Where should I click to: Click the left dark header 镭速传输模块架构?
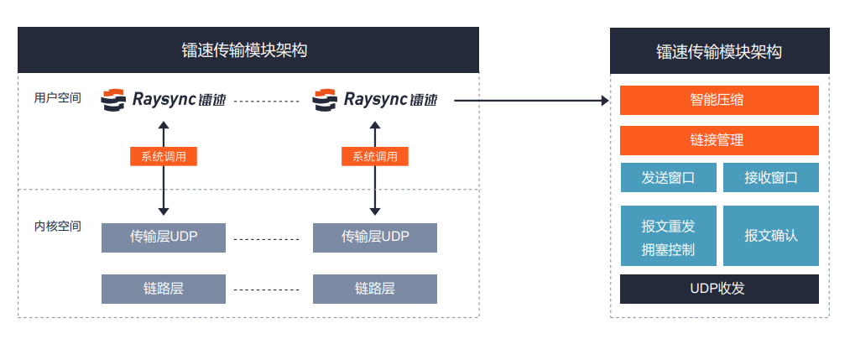[x=248, y=50]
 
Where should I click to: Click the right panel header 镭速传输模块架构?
[x=719, y=51]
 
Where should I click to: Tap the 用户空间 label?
[x=58, y=98]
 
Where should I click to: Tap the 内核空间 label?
[x=58, y=226]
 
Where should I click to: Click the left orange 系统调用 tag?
[x=164, y=156]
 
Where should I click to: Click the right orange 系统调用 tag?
[x=375, y=156]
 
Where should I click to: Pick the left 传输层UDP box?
[x=164, y=237]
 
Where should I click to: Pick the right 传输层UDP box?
[x=375, y=237]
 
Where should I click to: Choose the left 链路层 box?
[x=164, y=289]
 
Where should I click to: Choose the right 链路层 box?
[x=375, y=289]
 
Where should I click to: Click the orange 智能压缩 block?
[x=719, y=100]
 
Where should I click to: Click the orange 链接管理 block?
[x=719, y=140]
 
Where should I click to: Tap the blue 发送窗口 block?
[x=669, y=178]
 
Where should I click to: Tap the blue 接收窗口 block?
[x=770, y=178]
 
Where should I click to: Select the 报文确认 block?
[x=770, y=236]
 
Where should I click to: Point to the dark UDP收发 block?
[x=719, y=289]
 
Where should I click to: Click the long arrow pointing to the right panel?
[x=529, y=101]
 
